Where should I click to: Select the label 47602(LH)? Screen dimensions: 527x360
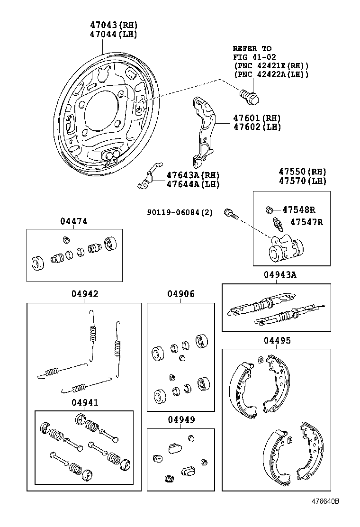pyautogui.click(x=250, y=127)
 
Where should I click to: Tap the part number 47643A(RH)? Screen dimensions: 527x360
pyautogui.click(x=193, y=175)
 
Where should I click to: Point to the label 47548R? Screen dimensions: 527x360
pyautogui.click(x=299, y=209)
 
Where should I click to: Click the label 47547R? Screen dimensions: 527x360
pyautogui.click(x=306, y=222)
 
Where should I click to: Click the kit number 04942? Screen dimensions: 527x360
pyautogui.click(x=85, y=294)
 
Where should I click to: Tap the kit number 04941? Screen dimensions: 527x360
pyautogui.click(x=85, y=402)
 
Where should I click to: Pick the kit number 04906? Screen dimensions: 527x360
pyautogui.click(x=180, y=294)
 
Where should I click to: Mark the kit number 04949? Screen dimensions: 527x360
pyautogui.click(x=180, y=420)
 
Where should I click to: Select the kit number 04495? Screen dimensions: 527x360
pyautogui.click(x=277, y=340)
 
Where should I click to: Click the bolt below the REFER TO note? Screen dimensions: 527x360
pyautogui.click(x=250, y=98)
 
